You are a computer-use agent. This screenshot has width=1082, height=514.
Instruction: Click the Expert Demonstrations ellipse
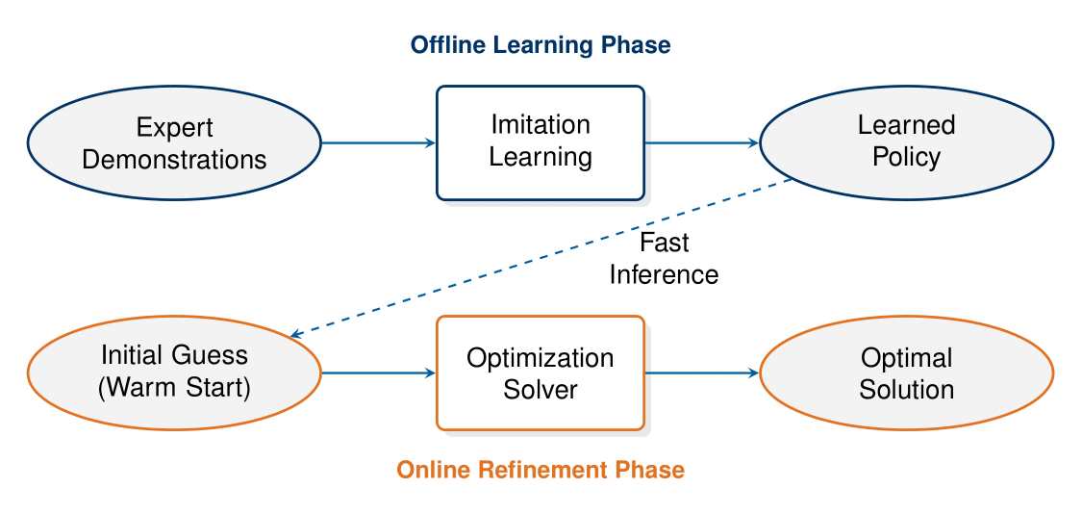(x=174, y=143)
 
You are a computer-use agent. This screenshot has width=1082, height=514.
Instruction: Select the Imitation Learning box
(x=540, y=142)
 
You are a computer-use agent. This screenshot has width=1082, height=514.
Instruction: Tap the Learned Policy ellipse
(x=906, y=142)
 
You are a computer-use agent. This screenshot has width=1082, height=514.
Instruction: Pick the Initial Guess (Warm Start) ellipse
(x=174, y=373)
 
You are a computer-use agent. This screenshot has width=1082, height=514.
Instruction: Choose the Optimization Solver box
(x=540, y=373)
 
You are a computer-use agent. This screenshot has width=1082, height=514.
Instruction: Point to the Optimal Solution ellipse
(x=906, y=373)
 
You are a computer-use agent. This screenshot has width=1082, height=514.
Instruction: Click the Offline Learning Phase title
(x=541, y=44)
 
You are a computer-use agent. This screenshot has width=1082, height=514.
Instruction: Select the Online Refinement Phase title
(x=541, y=470)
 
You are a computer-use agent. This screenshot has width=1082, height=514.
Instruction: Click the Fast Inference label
(x=664, y=259)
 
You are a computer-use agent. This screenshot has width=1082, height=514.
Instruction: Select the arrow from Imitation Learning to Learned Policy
(x=701, y=143)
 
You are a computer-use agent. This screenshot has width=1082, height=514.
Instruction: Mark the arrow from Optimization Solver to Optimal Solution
(x=701, y=373)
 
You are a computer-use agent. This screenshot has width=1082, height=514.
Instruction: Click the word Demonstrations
(x=174, y=159)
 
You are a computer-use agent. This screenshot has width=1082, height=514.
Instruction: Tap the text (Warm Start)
(x=174, y=389)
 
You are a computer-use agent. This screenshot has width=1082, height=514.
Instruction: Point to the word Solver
(x=540, y=389)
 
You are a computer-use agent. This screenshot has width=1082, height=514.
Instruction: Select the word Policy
(x=906, y=157)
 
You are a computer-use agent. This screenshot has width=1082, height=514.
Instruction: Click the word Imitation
(x=540, y=125)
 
